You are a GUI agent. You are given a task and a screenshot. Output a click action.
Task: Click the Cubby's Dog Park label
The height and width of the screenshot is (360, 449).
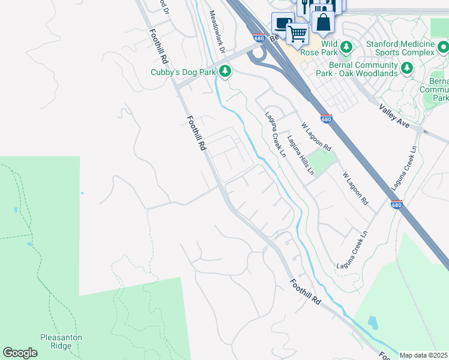tap(183, 73)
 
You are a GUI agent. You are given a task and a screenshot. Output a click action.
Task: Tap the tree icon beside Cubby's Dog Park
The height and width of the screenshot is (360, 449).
tap(225, 72)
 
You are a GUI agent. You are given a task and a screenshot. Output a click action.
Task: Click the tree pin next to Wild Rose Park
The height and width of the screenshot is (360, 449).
tap(346, 46)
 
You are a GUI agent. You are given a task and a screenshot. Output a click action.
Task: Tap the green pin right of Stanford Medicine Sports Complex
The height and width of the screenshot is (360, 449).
tap(443, 46)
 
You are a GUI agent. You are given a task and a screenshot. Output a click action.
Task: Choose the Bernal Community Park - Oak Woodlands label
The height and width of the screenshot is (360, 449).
tap(359, 69)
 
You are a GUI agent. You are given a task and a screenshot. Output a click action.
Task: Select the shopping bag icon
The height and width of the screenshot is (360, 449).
tap(323, 22)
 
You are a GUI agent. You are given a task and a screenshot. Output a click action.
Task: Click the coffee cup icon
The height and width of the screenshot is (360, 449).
tap(282, 23)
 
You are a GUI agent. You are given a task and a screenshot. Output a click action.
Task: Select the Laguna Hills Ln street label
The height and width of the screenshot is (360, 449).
tap(301, 155)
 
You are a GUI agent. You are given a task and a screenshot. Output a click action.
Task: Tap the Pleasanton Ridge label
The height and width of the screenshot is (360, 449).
tap(61, 341)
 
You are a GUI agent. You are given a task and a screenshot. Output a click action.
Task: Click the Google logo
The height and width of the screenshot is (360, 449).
tap(20, 353)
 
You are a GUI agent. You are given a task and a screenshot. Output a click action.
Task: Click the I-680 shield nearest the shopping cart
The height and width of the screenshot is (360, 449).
tap(259, 38)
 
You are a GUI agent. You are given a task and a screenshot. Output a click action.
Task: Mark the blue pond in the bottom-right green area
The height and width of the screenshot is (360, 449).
tap(373, 323)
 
